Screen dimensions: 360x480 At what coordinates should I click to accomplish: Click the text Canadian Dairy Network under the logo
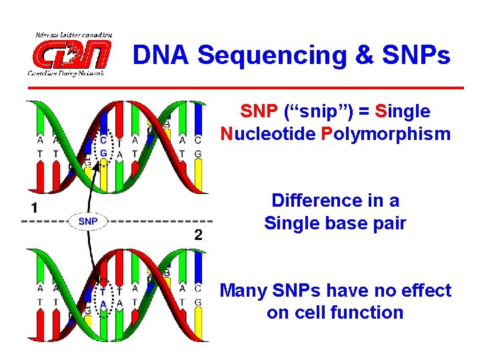tap(65, 73)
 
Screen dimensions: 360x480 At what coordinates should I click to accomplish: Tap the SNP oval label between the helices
tap(87, 221)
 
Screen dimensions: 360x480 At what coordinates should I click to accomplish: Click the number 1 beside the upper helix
tap(33, 208)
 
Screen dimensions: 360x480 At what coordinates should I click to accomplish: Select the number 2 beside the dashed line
tap(198, 234)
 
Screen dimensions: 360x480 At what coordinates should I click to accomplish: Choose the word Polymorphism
tap(385, 134)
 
